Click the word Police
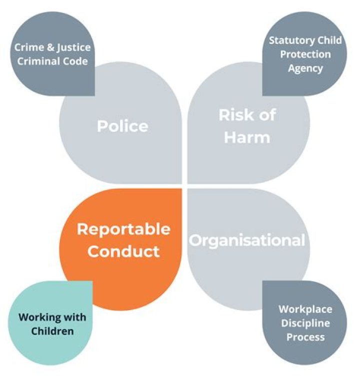[x=122, y=126]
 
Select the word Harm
[x=247, y=137]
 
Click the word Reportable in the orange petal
[x=123, y=230]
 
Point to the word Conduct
[x=123, y=251]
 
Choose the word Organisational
[x=247, y=240]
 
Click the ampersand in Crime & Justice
[x=50, y=47]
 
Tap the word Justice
[x=73, y=48]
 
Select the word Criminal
[x=35, y=61]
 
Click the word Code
[x=72, y=61]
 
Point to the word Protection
[x=305, y=54]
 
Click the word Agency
[x=305, y=69]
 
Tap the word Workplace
[x=305, y=310]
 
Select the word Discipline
[x=305, y=324]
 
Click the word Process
[x=305, y=337]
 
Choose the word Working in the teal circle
[x=40, y=318]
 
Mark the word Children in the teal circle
[x=52, y=331]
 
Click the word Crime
[x=29, y=47]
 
